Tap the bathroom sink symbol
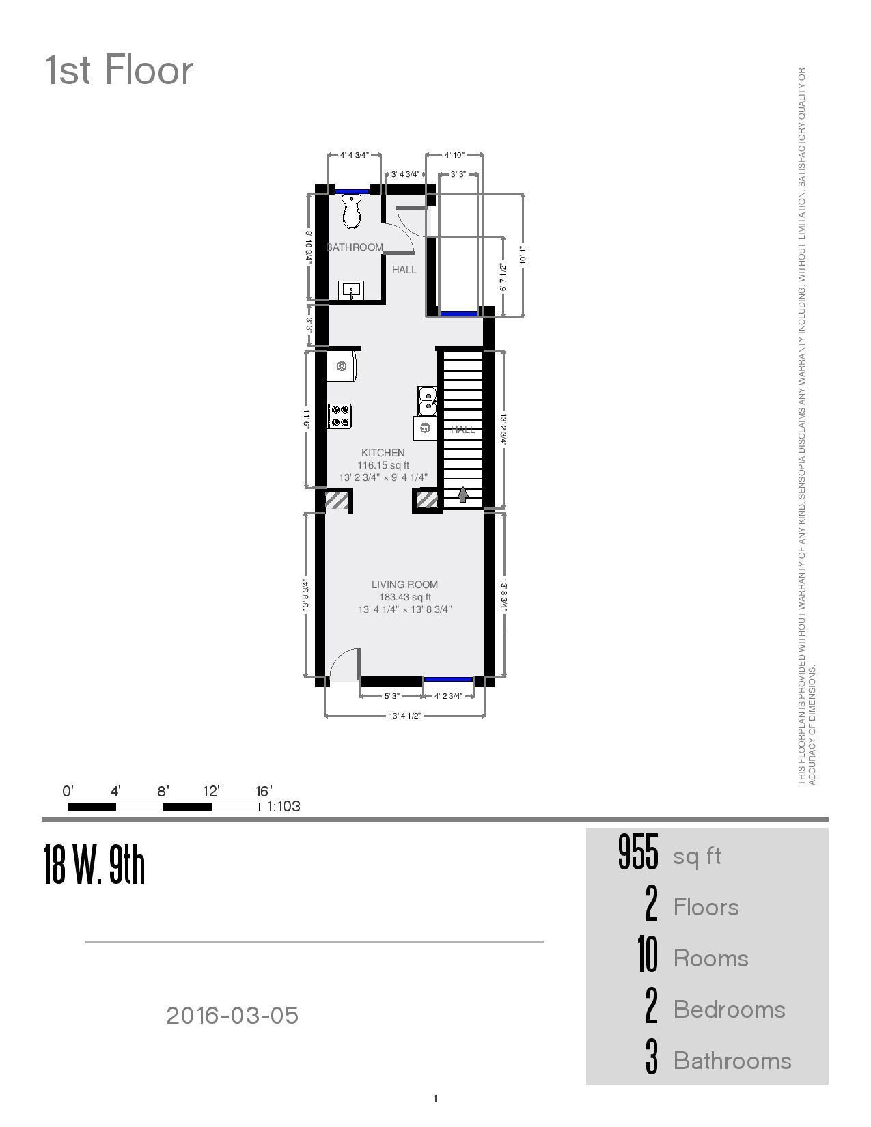[351, 290]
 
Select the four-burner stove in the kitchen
[340, 416]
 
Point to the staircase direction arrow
[463, 495]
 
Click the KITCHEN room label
[383, 453]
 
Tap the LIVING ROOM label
[404, 585]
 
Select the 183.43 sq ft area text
[404, 597]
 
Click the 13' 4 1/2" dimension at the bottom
[404, 716]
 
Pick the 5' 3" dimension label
[391, 696]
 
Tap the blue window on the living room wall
[447, 679]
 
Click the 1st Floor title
[120, 70]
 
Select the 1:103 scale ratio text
[284, 806]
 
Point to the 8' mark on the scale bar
[163, 792]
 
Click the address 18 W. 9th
[94, 865]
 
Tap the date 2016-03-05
[232, 1016]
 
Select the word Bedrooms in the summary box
[729, 1010]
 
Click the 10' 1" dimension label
[523, 255]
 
